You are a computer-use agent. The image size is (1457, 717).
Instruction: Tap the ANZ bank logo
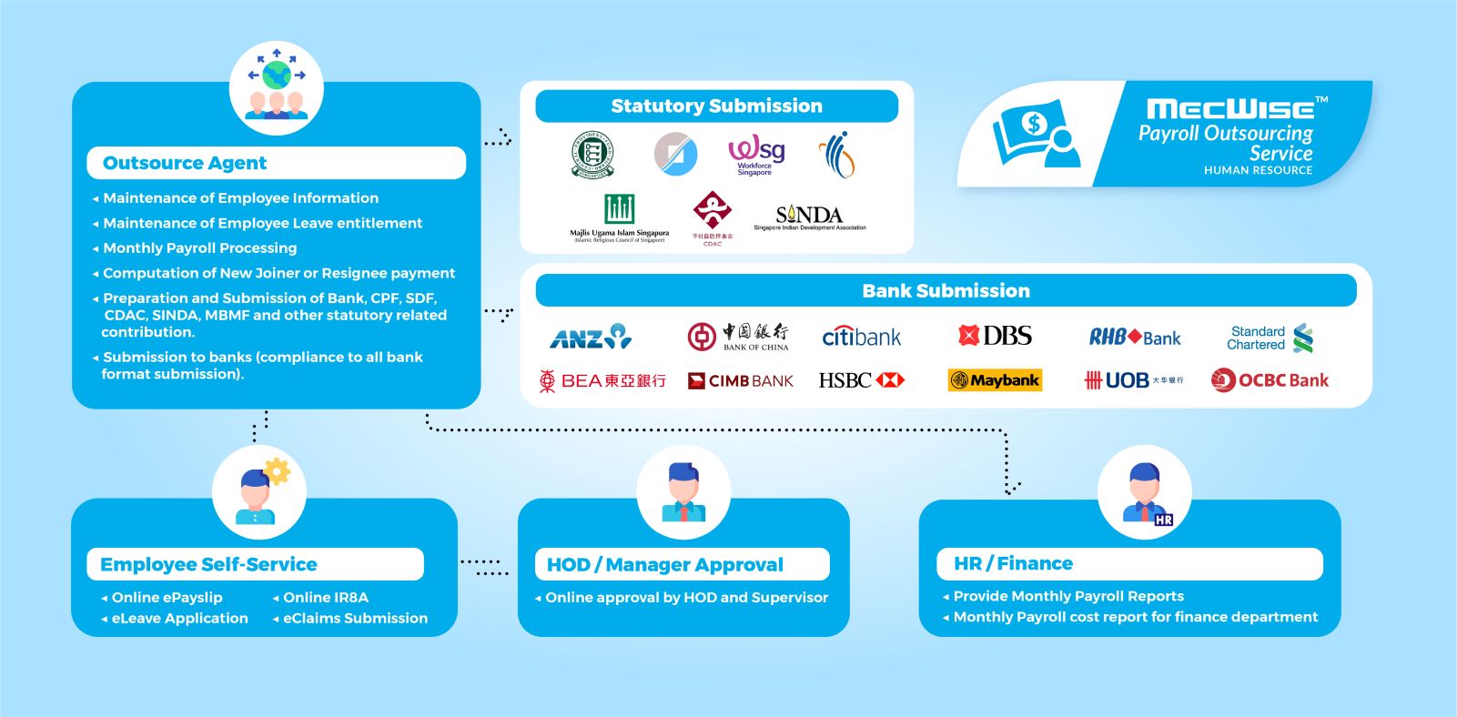tap(591, 338)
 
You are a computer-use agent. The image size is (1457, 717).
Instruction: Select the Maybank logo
tap(995, 380)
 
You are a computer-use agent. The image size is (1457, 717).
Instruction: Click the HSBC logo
tap(861, 380)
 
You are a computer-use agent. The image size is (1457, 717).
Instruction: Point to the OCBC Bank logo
tap(1270, 380)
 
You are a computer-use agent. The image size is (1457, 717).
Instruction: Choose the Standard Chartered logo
tap(1270, 338)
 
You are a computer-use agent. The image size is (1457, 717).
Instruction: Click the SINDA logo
tap(809, 217)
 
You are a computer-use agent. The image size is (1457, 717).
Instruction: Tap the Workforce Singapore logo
tap(755, 156)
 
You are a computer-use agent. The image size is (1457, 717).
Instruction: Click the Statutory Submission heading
tap(716, 106)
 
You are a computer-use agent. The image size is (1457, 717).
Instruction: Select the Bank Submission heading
tap(946, 291)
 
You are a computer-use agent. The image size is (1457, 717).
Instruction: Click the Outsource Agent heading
tap(185, 164)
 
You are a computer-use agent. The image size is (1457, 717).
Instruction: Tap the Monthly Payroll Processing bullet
tap(199, 248)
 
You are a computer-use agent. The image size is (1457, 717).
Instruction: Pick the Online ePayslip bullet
tap(167, 598)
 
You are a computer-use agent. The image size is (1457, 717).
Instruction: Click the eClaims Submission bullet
tap(355, 619)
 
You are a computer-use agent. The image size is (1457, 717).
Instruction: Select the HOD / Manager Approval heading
tap(664, 565)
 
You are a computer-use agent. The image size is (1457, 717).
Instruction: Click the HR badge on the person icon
tap(1163, 520)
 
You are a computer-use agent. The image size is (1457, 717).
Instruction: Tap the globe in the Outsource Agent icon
tap(277, 74)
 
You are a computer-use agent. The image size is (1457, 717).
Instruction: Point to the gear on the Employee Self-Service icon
tap(277, 471)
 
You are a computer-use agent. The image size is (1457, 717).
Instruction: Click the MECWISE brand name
tap(1229, 109)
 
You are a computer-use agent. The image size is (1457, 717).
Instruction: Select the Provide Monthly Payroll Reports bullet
tap(1068, 597)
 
